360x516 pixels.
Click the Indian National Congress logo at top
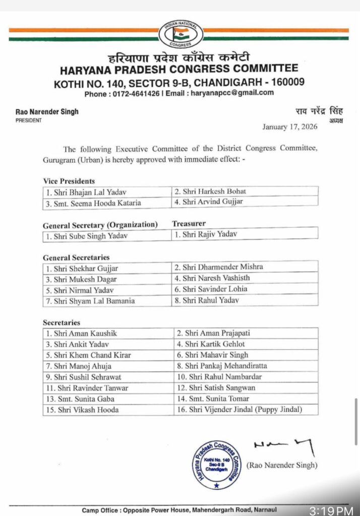coord(181,34)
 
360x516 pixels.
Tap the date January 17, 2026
coord(289,127)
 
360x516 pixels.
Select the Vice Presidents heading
coord(69,181)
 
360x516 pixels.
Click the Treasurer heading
coord(189,224)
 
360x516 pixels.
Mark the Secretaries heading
coord(61,322)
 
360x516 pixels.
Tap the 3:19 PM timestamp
coord(331,510)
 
